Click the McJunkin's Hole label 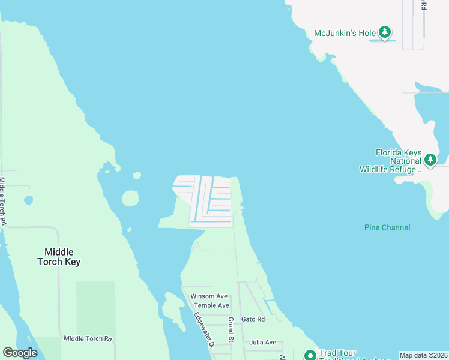point(345,33)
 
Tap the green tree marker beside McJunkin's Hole point(385,32)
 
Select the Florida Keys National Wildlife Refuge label point(398,161)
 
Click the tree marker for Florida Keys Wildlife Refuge point(430,160)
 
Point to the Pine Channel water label point(387,227)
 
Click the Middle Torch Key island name point(59,257)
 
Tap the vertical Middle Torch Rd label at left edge point(3,201)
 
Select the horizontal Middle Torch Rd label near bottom point(88,339)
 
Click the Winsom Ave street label point(209,296)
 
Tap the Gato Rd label point(252,319)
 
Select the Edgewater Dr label point(203,330)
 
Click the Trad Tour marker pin point(310,355)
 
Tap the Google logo point(20,353)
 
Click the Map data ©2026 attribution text point(423,355)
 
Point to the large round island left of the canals point(130,198)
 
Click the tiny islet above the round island point(137,176)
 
